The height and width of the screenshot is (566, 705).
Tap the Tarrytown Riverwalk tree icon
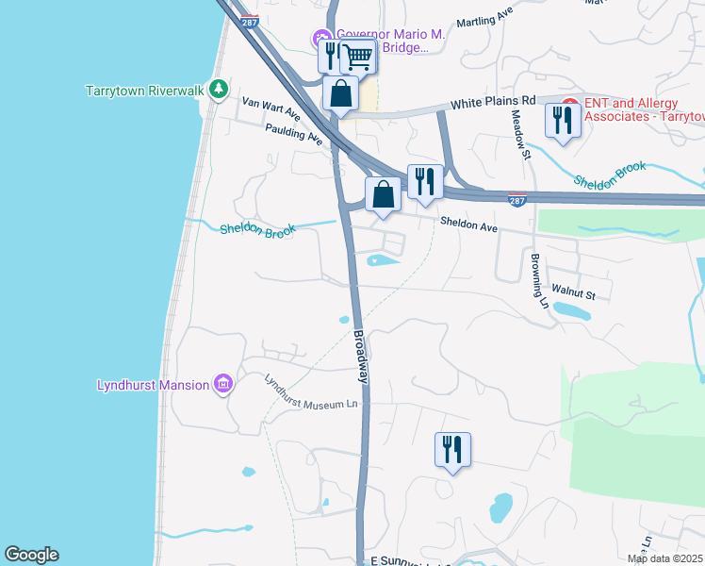219,89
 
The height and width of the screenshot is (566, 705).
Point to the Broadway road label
360,356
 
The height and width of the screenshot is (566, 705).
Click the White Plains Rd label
492,101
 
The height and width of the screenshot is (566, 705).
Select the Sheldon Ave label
467,223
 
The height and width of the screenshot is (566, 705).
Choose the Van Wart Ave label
271,107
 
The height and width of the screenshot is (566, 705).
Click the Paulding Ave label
294,134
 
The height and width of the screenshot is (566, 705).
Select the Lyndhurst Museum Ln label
311,392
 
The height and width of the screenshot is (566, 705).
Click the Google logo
31,555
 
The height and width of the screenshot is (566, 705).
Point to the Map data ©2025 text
664,558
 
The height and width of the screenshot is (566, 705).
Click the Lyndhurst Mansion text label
156,384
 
